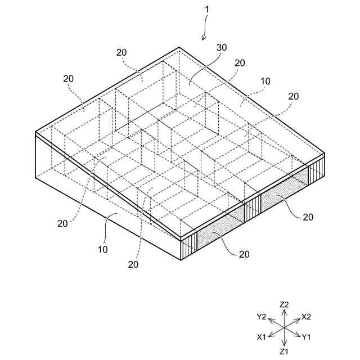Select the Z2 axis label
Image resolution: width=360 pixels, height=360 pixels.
pos(284,304)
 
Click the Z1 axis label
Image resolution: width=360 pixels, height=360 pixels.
pos(284,352)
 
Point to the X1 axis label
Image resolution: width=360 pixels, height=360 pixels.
pos(262,337)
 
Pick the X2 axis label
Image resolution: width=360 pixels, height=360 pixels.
pos(307,317)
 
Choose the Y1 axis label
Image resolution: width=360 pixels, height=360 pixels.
pos(307,337)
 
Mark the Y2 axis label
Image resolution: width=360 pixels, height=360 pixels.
pos(262,317)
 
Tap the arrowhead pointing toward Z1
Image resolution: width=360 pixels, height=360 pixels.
pos(284,344)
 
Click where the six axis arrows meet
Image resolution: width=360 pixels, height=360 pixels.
pos(284,327)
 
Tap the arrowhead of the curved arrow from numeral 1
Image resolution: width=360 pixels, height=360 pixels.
pos(203,39)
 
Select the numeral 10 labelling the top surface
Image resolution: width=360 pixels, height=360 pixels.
pos(265,81)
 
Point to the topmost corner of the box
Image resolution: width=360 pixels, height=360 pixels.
pos(179,48)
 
